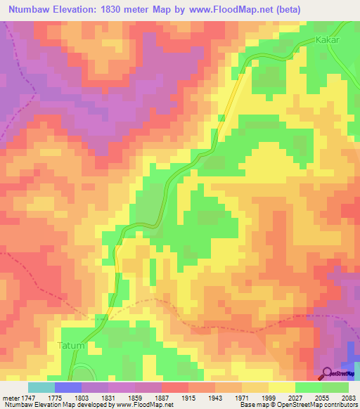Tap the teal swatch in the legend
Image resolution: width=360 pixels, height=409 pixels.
click(x=41, y=387)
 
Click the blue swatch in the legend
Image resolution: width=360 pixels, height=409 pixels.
click(x=68, y=387)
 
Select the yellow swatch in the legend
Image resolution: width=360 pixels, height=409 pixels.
click(x=282, y=387)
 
